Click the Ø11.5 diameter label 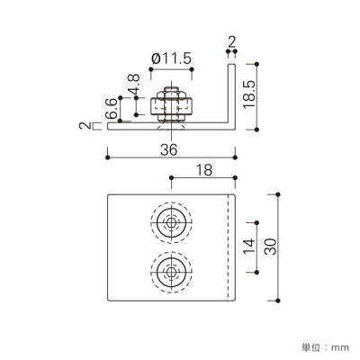pyautogui.click(x=171, y=58)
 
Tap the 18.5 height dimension pyautogui.click(x=249, y=94)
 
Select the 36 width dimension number pyautogui.click(x=169, y=149)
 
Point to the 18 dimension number pyautogui.click(x=204, y=170)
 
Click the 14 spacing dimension pyautogui.click(x=249, y=246)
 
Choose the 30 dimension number pyautogui.click(x=271, y=247)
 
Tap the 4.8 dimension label pyautogui.click(x=133, y=85)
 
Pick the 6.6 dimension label pyautogui.click(x=112, y=109)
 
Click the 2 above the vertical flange pyautogui.click(x=231, y=42)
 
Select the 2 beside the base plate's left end pyautogui.click(x=85, y=125)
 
